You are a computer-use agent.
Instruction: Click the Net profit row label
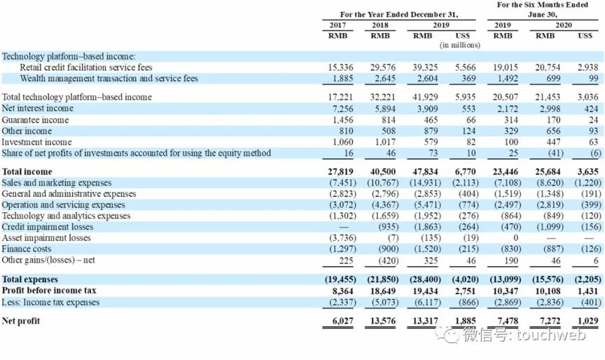pyautogui.click(x=21, y=321)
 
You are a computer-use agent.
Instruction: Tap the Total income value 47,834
pyautogui.click(x=424, y=171)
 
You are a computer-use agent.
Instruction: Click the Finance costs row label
pyautogui.click(x=26, y=249)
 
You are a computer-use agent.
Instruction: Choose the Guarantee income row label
pyautogui.click(x=36, y=120)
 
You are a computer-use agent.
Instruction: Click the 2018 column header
pyautogui.click(x=380, y=25)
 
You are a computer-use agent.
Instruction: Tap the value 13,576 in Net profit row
pyautogui.click(x=382, y=321)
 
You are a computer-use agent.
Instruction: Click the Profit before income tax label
pyautogui.click(x=49, y=290)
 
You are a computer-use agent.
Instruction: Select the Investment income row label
pyautogui.click(x=36, y=142)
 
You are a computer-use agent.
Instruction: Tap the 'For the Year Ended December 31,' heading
pyautogui.click(x=399, y=14)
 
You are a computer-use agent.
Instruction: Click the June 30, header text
pyautogui.click(x=543, y=14)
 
